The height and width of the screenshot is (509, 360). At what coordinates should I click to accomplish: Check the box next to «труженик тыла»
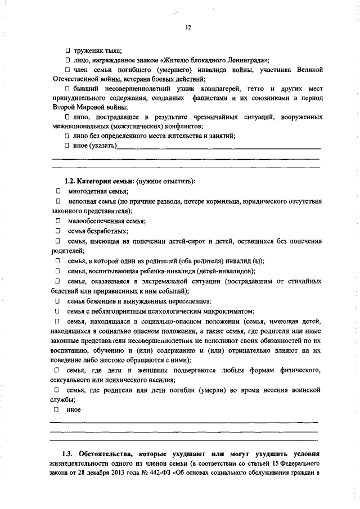pos(67,51)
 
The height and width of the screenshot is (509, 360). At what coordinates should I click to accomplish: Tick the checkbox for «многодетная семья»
pos(57,191)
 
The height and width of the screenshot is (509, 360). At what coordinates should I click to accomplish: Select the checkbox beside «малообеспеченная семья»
pos(57,221)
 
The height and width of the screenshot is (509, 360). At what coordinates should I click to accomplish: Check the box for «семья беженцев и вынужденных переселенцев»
pos(57,301)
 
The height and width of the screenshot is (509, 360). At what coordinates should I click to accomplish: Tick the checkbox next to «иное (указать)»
pos(67,146)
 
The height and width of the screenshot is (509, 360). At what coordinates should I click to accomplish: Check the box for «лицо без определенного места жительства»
pos(67,136)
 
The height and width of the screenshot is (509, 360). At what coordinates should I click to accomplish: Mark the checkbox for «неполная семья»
pos(57,201)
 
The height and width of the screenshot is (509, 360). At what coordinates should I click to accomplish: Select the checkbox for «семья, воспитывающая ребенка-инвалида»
pos(57,271)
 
